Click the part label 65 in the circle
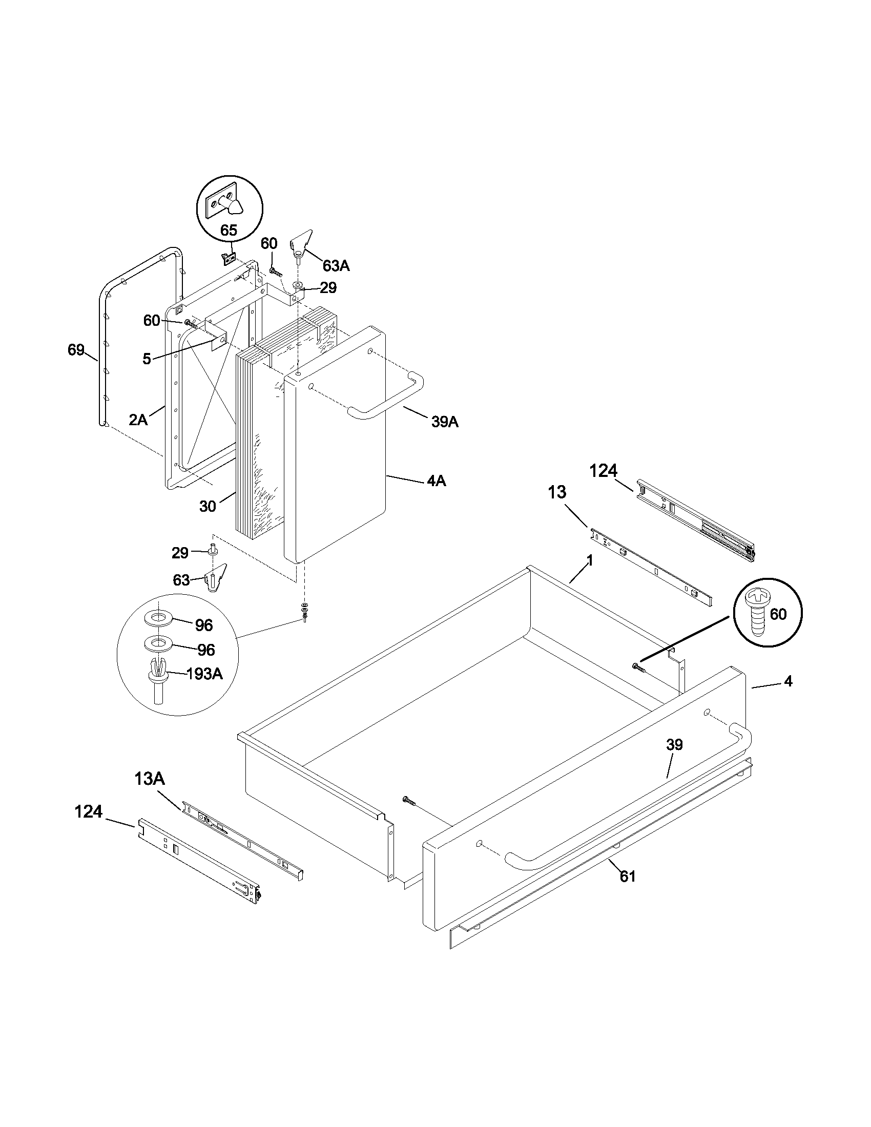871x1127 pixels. point(229,230)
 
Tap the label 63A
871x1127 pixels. point(336,266)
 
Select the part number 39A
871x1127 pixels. point(445,422)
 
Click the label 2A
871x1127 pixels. point(138,420)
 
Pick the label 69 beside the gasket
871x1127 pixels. point(76,350)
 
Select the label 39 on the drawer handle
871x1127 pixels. point(674,745)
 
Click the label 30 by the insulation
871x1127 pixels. point(208,506)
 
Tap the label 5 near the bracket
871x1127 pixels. point(147,359)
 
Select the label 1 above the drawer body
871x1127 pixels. point(590,560)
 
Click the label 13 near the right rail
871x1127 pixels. point(557,492)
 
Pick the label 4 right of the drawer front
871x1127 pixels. point(787,681)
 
